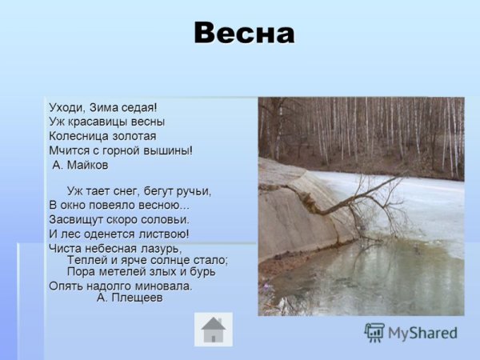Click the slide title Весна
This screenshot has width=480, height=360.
[244, 34]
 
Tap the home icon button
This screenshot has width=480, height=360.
[214, 329]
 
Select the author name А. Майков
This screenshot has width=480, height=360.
[80, 165]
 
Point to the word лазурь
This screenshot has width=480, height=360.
[162, 249]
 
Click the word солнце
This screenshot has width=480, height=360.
[175, 260]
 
